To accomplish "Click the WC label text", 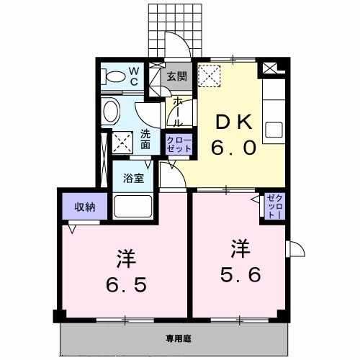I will (x=134, y=76).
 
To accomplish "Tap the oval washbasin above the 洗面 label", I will (x=111, y=112).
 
